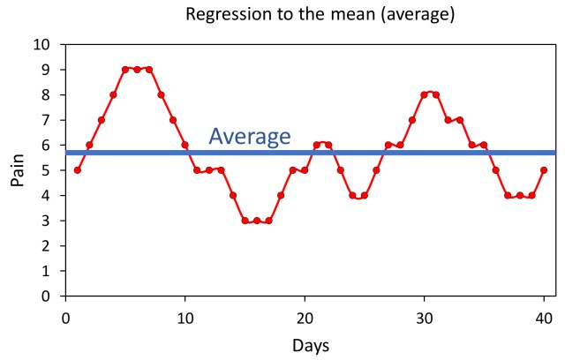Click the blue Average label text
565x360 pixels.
point(249,136)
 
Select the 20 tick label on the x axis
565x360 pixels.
point(305,316)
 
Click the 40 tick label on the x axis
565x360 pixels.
point(544,316)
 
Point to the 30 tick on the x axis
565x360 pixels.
point(424,316)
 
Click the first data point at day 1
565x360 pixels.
point(78,170)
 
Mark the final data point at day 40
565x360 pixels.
point(544,170)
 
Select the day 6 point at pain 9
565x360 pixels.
point(137,70)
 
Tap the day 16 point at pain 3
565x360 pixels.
point(257,221)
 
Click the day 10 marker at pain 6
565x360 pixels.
point(185,145)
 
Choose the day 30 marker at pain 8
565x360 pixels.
point(425,94)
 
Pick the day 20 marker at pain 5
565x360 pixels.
point(305,170)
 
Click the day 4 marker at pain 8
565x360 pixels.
point(113,94)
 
